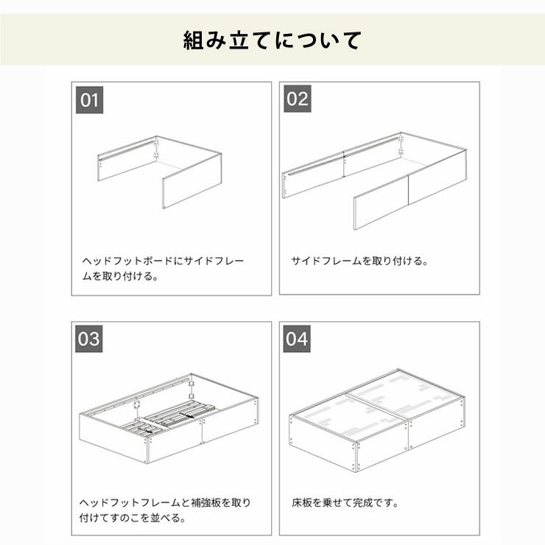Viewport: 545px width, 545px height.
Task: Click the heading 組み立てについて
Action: point(272,40)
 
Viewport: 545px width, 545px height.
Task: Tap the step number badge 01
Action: point(89,99)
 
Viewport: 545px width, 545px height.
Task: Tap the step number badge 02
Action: point(297,99)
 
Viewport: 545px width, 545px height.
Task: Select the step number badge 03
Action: point(89,340)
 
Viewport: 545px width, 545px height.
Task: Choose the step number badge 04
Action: point(297,340)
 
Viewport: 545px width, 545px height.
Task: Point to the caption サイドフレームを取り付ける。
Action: point(359,261)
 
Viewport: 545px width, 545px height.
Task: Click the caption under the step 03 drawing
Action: point(165,510)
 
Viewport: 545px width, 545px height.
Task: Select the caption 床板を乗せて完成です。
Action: point(345,503)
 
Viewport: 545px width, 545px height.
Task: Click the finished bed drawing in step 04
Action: point(377,418)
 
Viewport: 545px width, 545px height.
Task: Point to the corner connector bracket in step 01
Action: point(156,148)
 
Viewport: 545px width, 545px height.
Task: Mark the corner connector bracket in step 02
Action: point(401,144)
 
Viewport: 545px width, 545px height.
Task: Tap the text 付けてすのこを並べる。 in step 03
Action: point(133,518)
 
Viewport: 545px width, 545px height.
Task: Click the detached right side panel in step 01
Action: point(191,180)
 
